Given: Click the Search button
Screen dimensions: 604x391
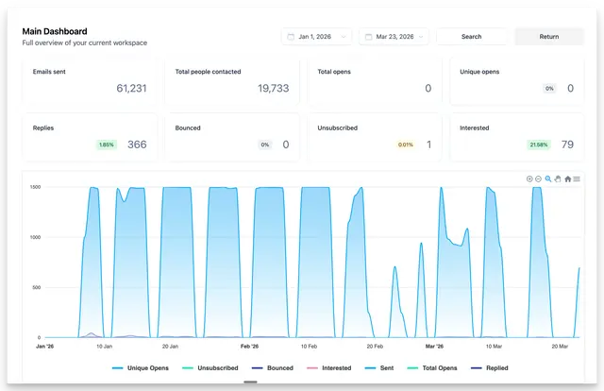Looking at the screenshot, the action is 472,37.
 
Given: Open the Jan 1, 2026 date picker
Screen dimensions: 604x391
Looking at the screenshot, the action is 316,37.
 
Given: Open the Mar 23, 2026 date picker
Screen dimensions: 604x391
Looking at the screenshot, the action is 394,37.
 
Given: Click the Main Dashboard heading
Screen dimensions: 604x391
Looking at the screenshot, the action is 55,31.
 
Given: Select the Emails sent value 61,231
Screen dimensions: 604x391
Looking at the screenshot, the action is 131,88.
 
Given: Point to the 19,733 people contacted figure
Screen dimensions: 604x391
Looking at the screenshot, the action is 273,88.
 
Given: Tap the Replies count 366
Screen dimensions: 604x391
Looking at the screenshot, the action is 137,144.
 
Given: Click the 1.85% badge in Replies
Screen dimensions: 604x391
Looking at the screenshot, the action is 107,144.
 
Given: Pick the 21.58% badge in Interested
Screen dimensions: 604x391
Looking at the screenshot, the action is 539,144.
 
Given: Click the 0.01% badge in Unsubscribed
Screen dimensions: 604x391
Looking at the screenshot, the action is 406,144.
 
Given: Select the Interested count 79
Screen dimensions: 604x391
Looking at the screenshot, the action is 567,144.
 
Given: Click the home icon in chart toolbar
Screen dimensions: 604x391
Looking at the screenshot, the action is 568,178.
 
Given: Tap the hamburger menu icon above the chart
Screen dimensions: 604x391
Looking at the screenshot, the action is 577,178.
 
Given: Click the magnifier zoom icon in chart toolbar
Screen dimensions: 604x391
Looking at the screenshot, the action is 548,178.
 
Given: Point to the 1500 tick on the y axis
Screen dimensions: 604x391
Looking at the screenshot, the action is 35,187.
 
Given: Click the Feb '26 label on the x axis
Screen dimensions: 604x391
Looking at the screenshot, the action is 249,347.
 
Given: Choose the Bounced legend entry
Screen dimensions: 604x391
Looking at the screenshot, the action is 273,368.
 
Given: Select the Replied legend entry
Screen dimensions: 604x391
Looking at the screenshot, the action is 490,368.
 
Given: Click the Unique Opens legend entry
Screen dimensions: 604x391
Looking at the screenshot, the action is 141,368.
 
